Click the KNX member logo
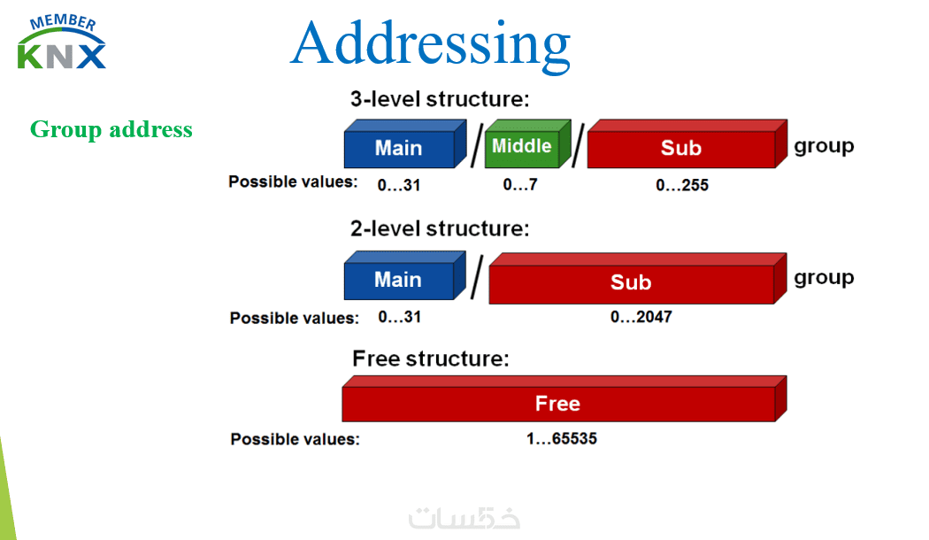[62, 42]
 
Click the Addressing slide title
[430, 44]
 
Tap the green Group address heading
[111, 130]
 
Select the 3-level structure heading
[440, 99]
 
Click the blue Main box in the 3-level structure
[405, 144]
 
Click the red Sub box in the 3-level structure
[687, 144]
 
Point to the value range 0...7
[520, 185]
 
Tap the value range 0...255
[682, 185]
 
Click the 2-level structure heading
[440, 228]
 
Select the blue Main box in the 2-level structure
[404, 275]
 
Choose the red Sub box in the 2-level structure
[638, 279]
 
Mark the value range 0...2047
[641, 317]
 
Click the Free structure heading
[431, 359]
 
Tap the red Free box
[564, 399]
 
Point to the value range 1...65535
[562, 438]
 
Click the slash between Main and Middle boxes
[476, 145]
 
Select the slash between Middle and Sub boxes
[578, 145]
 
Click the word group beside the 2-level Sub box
[824, 278]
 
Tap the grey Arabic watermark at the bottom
[464, 518]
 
